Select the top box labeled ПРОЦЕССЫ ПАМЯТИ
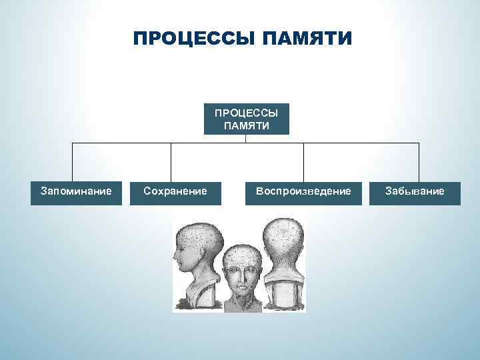pos(246,119)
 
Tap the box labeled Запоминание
pos(76,192)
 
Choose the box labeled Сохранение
pos(175,192)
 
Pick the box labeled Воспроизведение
pos(303,192)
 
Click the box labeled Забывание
pos(414,192)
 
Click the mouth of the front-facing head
pos(242,294)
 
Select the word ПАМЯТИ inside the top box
pos(246,125)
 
